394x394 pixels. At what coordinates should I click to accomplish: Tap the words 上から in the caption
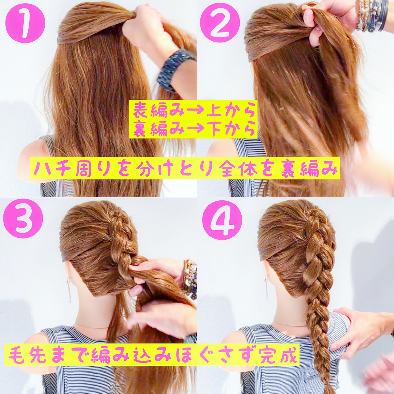click(x=231, y=111)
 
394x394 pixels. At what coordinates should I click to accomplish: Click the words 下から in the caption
click(x=231, y=129)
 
